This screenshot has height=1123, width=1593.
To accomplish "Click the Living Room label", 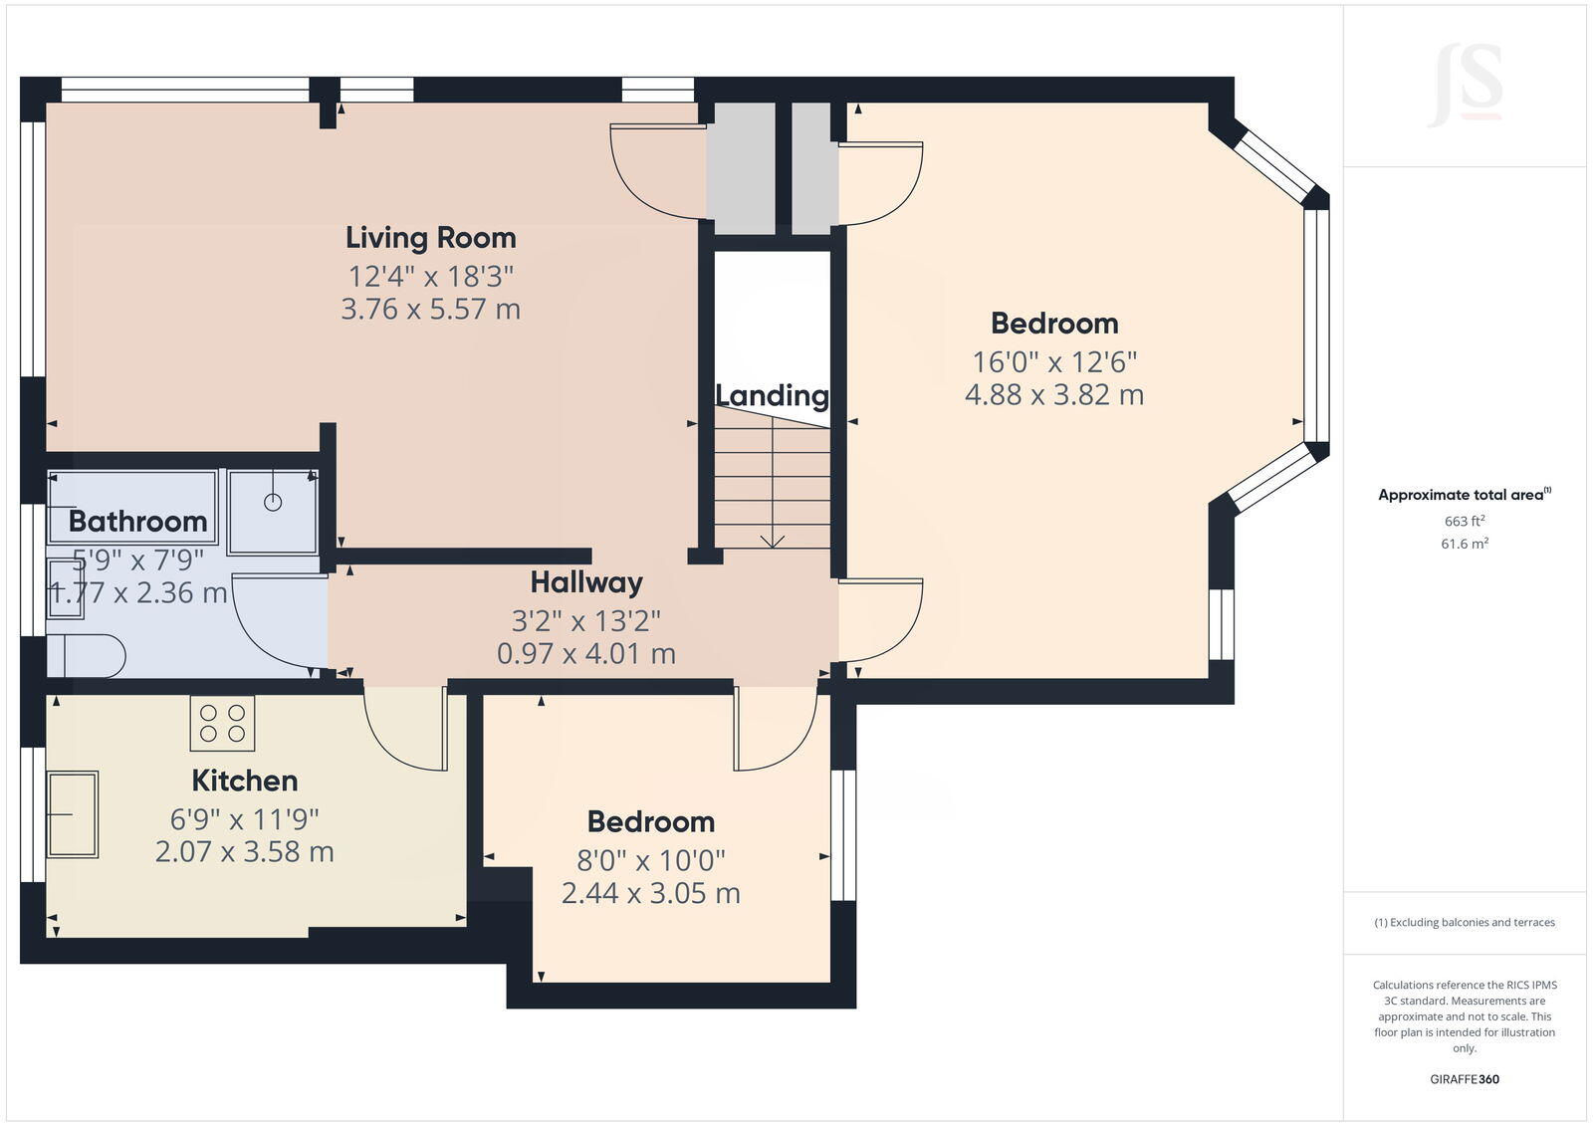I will click(x=430, y=238).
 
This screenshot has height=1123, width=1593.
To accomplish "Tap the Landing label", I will click(x=772, y=395).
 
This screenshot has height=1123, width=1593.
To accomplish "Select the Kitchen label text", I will click(x=244, y=781).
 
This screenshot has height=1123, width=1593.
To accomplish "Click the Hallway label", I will click(x=585, y=582).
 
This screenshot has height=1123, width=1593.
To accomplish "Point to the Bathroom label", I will click(x=137, y=521).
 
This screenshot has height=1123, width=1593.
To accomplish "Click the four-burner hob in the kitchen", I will click(x=222, y=723).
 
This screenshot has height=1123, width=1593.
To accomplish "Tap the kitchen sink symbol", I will click(x=73, y=814).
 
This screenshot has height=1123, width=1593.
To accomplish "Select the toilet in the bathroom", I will click(x=88, y=656).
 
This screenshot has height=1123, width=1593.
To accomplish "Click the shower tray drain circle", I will click(x=273, y=503).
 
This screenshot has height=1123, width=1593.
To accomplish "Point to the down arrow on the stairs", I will click(x=772, y=540).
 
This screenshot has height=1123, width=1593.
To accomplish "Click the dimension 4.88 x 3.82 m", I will click(x=1053, y=395).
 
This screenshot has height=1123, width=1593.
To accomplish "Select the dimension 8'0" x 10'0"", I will click(x=650, y=859).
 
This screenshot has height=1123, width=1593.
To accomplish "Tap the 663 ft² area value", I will click(x=1464, y=521).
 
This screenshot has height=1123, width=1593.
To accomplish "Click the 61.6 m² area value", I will click(x=1464, y=544).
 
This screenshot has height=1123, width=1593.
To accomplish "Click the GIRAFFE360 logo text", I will click(x=1464, y=1079).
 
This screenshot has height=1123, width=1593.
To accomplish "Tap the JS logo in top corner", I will click(x=1465, y=85).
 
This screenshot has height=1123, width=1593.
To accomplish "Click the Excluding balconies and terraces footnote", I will click(x=1464, y=923).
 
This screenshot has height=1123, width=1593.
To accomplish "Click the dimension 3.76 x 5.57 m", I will click(x=430, y=310).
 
